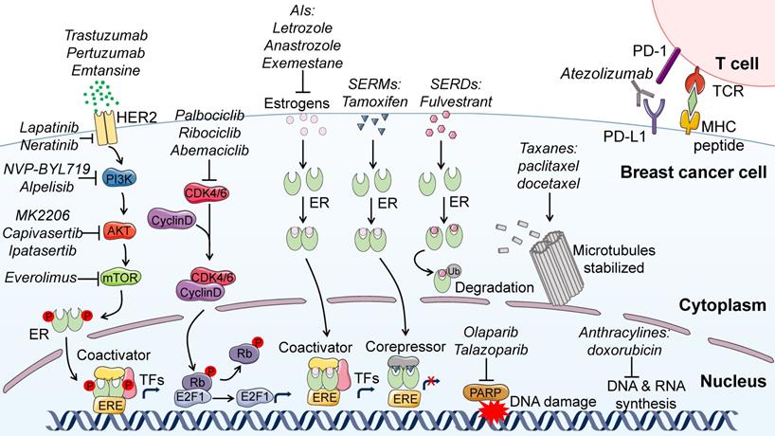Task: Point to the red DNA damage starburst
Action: click(x=495, y=409)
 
